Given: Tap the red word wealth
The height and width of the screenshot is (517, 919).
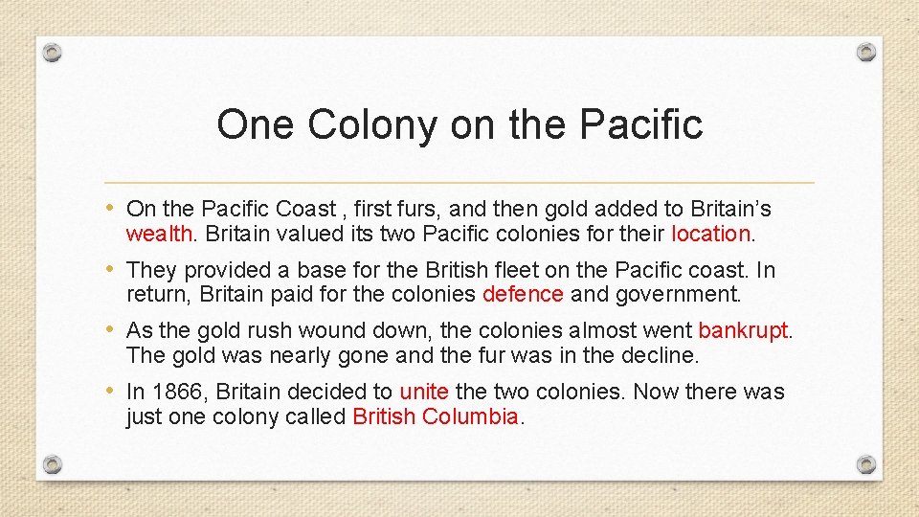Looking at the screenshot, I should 158,234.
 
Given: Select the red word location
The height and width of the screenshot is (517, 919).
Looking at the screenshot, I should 710,234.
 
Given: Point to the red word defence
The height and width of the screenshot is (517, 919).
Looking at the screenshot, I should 523,294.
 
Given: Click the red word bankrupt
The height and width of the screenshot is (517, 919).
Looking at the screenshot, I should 743,331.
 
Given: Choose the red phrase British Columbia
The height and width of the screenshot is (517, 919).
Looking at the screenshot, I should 436,416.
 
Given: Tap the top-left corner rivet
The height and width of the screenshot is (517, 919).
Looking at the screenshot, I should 54,52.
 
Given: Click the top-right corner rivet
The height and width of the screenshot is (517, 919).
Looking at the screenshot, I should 865,52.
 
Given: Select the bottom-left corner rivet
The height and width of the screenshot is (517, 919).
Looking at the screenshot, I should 54,465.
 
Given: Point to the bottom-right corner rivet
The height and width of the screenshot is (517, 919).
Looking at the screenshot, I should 865,465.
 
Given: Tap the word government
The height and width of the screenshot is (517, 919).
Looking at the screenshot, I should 680,294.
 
